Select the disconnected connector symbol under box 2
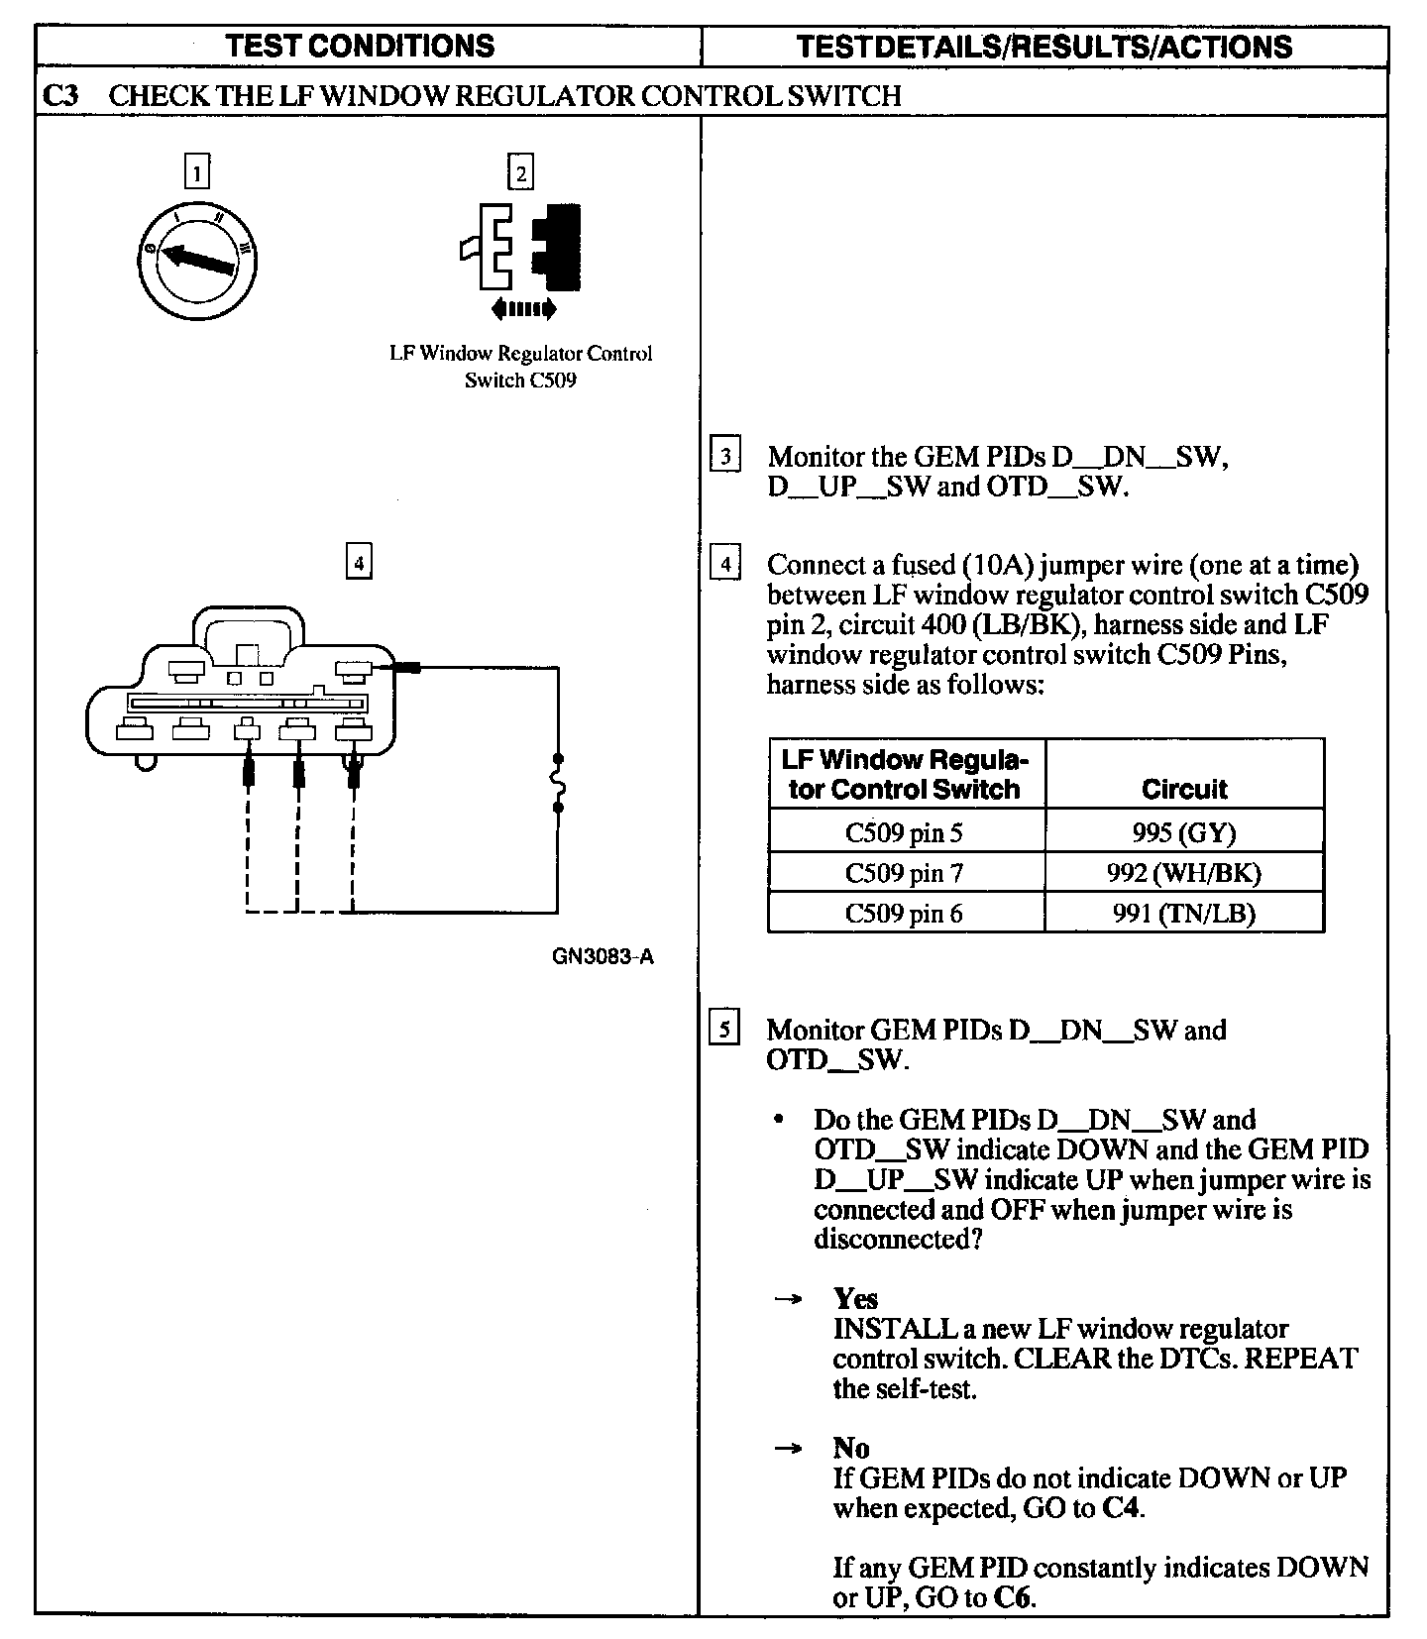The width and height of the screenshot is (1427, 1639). click(x=521, y=247)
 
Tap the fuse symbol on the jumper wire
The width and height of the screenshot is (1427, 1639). click(x=558, y=784)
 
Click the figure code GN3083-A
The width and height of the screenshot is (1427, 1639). click(x=604, y=957)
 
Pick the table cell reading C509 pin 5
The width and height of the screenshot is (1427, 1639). click(x=904, y=832)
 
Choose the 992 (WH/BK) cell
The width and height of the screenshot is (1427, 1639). click(x=1183, y=873)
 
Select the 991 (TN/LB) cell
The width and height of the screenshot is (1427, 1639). click(x=1183, y=914)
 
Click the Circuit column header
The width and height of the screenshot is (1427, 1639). click(x=1183, y=789)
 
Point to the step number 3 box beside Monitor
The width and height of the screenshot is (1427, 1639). click(x=725, y=457)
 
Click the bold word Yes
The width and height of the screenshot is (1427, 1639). click(x=855, y=1299)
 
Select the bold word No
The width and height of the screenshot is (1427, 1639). click(x=851, y=1449)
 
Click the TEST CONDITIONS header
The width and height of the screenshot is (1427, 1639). click(x=361, y=46)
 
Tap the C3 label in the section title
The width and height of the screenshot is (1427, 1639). click(x=61, y=96)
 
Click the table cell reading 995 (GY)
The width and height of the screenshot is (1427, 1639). click(x=1183, y=832)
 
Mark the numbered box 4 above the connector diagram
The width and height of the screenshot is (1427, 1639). click(x=359, y=563)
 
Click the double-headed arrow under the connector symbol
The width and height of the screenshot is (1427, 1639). click(x=524, y=309)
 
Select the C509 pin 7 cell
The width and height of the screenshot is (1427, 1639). click(x=904, y=873)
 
